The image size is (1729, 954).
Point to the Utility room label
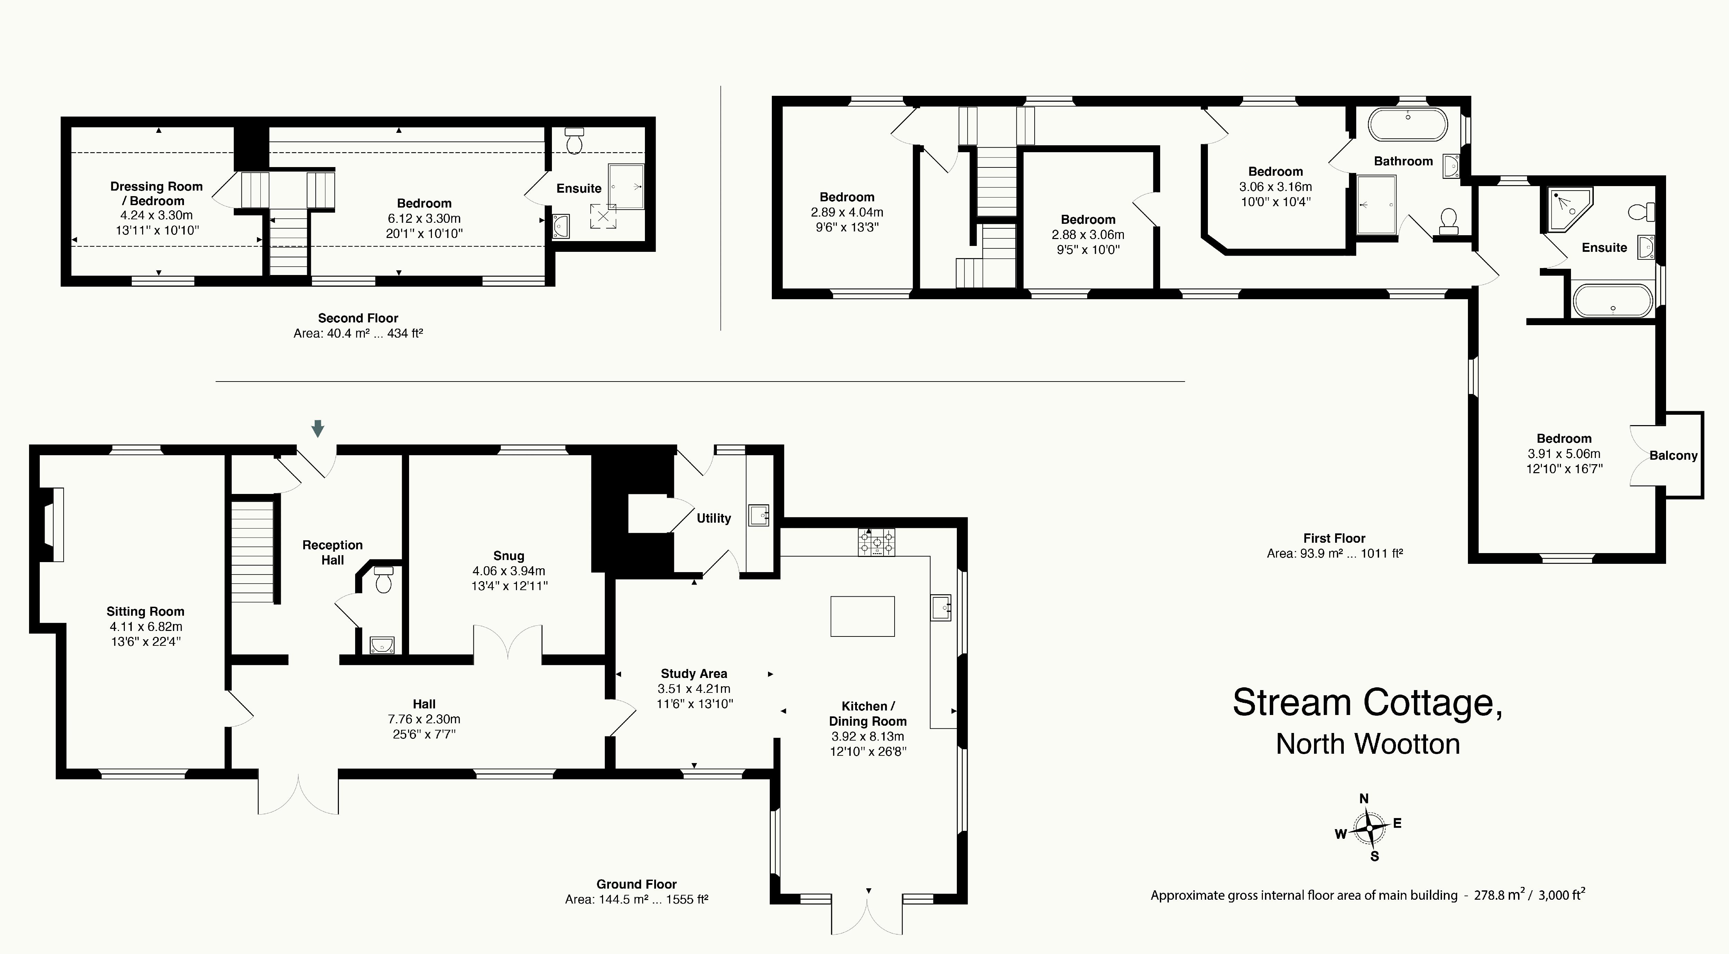[x=713, y=518]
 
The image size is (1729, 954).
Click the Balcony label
[x=1673, y=456]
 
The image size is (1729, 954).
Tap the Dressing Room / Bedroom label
[x=156, y=193]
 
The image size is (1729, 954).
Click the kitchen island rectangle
[x=862, y=616]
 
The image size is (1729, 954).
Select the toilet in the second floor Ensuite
[x=574, y=141]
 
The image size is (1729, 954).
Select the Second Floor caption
[x=358, y=318]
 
